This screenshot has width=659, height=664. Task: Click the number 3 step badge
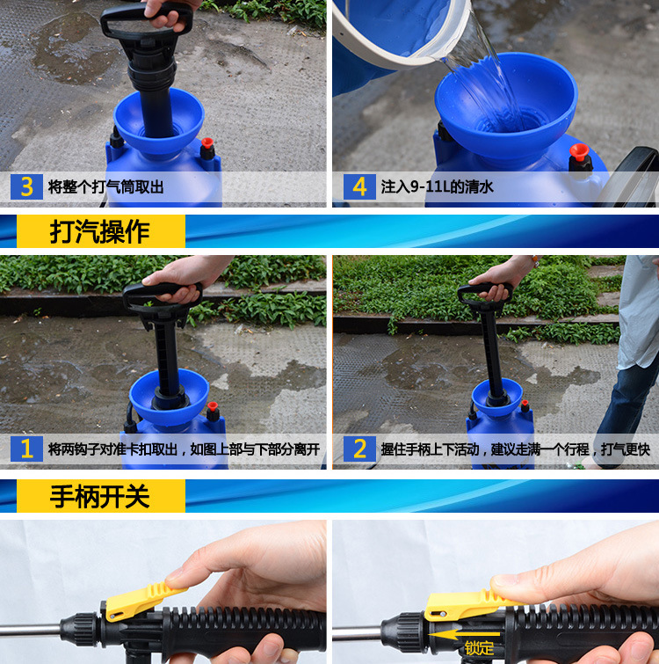26,186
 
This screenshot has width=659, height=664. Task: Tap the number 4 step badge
359,186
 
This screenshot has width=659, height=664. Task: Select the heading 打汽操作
100,231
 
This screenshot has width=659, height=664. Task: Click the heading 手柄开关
100,496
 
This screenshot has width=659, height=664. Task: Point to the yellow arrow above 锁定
464,634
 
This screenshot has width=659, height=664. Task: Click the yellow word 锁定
479,648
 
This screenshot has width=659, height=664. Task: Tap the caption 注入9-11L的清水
438,186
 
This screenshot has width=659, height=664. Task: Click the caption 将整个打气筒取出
105,186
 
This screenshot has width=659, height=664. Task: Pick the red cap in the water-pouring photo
579,152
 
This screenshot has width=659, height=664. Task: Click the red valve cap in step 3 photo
206,143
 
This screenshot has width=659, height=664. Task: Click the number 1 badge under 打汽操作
26,449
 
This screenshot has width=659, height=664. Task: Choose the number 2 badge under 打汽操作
359,449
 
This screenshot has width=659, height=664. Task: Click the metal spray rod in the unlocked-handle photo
31,630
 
